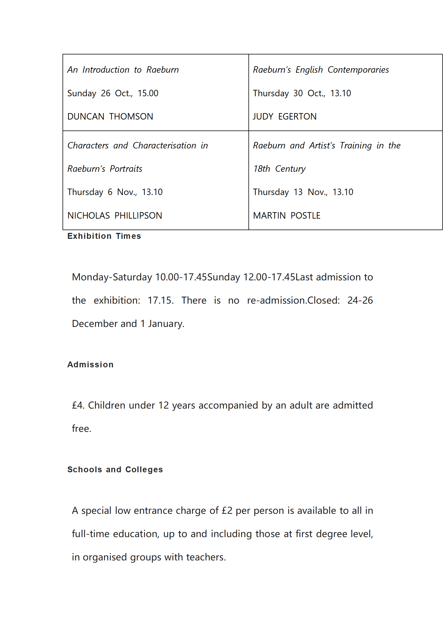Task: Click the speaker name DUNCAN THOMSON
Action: point(110,116)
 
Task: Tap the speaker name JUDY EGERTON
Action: point(285,116)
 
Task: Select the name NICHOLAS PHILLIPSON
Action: point(115,216)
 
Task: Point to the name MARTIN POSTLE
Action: point(287,216)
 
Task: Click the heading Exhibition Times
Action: point(104,236)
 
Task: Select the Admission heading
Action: point(90,365)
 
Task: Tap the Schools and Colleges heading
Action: point(115,469)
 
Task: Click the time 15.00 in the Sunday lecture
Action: point(148,93)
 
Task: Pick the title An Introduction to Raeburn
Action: point(123,70)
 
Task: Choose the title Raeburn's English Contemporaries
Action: point(321,70)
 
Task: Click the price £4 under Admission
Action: point(78,405)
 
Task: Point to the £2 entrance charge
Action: point(227,510)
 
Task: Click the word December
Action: point(94,324)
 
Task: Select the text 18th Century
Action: point(279,169)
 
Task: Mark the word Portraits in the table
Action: point(126,169)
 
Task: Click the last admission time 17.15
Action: point(160,300)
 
